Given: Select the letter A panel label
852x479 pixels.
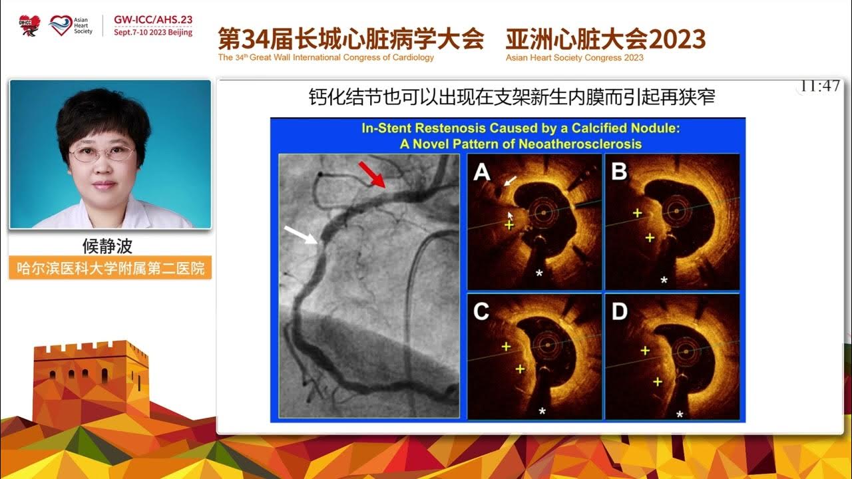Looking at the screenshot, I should coord(481,173).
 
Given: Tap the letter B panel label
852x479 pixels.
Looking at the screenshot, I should coord(619,172).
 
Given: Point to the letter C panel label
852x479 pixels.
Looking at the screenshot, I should coord(481,312).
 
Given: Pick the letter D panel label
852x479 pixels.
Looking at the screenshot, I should coord(619,312).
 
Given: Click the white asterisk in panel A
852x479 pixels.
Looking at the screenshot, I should coord(539,273).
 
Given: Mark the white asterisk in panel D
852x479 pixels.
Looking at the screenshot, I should coord(680,414).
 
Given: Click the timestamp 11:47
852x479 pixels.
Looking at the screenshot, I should coord(820,86).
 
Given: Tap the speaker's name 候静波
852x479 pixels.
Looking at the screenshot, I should coord(108,246).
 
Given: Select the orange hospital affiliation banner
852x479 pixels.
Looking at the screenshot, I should coord(110,268).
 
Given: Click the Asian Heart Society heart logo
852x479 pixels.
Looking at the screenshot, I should coord(60,25).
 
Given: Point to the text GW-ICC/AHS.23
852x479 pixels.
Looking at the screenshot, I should coord(153,20).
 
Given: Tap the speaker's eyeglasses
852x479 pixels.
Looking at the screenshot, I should coord(102,154).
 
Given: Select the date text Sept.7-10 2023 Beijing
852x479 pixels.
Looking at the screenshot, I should coord(153,32).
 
